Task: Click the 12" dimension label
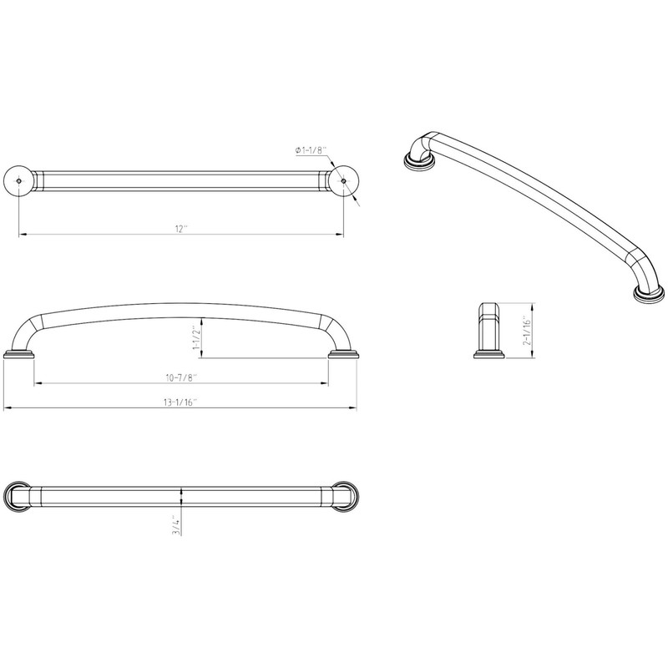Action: tap(180, 228)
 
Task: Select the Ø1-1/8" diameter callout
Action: tap(311, 150)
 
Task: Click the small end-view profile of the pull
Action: tap(488, 331)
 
